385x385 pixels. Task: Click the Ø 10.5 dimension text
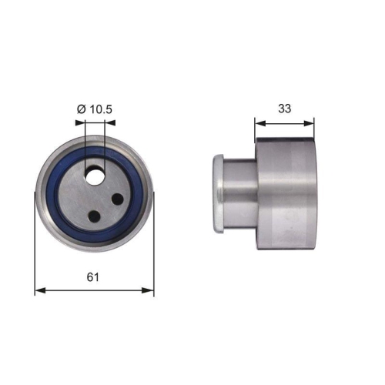(95, 110)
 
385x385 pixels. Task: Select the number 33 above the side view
(285, 109)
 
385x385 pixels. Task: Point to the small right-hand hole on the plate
(118, 199)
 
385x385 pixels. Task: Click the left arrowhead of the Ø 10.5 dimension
(85, 122)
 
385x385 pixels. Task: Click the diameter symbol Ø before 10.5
(81, 110)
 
